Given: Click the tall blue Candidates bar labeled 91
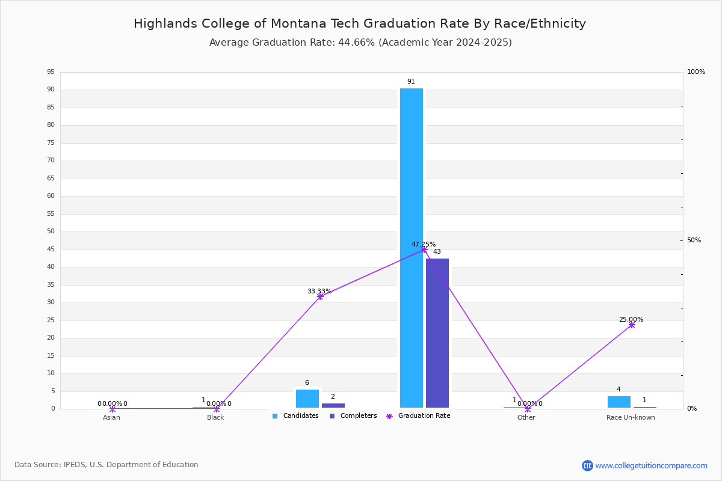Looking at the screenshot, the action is click(x=412, y=248).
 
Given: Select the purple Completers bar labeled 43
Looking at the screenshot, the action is click(x=437, y=333).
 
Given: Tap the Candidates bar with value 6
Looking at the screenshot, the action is click(x=307, y=399).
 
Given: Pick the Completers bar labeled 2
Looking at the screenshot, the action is click(x=333, y=406).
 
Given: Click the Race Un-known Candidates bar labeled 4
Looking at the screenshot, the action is click(x=619, y=402).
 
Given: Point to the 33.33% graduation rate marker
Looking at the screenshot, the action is click(x=320, y=297).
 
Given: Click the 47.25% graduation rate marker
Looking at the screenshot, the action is click(x=424, y=250).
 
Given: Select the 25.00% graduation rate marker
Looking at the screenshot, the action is click(x=632, y=325).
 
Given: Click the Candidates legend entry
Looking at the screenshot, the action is click(x=295, y=416).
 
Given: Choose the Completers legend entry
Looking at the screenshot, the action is click(x=353, y=416).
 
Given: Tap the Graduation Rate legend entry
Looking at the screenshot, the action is click(x=418, y=416).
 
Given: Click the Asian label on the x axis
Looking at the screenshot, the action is click(x=111, y=417).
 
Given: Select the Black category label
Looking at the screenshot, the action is click(x=215, y=417).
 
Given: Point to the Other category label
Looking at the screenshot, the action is click(x=526, y=417).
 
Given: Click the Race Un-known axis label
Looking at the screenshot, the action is click(x=631, y=417).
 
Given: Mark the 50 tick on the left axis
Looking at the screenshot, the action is click(x=51, y=231).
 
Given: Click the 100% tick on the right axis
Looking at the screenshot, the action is click(x=696, y=72).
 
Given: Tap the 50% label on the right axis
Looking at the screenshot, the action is click(x=694, y=240).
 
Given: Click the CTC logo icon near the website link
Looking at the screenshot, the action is click(x=587, y=465).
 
